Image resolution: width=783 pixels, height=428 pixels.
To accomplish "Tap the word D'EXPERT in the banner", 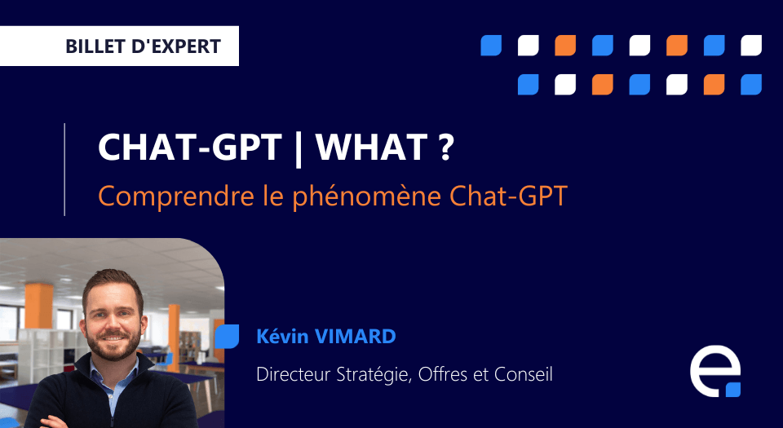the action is coord(176,46).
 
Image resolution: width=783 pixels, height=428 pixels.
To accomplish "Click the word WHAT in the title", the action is coord(371,148).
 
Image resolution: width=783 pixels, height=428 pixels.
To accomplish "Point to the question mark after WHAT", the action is coord(447,148).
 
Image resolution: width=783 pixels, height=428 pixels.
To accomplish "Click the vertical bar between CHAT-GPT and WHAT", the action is coord(299,148).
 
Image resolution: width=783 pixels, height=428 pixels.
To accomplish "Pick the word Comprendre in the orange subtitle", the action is coord(176,196).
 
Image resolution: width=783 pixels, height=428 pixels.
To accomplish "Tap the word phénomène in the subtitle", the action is coord(366,196).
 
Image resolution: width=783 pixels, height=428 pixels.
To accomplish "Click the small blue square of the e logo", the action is coord(733,390).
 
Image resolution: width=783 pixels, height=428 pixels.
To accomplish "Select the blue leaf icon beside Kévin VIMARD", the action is coord(228,336).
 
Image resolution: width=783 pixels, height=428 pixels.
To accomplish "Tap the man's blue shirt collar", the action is coord(114,372).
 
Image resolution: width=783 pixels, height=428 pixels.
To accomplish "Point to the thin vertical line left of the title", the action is coord(65,170).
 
